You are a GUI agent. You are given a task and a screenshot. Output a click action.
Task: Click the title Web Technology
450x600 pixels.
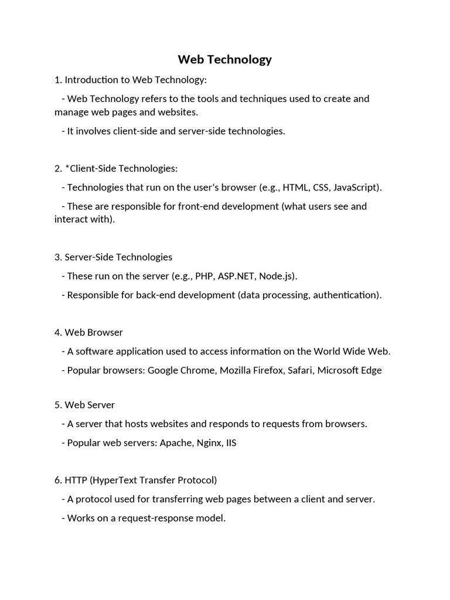tap(225, 59)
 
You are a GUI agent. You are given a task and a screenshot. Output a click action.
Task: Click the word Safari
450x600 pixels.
tap(300, 370)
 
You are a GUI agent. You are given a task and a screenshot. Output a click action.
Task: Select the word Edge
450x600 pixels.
tap(371, 370)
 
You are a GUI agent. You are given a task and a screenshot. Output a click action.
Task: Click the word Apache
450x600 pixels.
tap(175, 443)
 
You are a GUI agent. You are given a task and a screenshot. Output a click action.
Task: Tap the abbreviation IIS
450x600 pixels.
tap(231, 443)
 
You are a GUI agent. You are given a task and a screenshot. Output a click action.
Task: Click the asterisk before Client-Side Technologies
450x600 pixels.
tap(67, 168)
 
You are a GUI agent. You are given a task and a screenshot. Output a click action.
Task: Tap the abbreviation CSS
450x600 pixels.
tap(322, 187)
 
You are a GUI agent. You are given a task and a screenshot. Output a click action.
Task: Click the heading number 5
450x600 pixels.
tap(57, 405)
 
